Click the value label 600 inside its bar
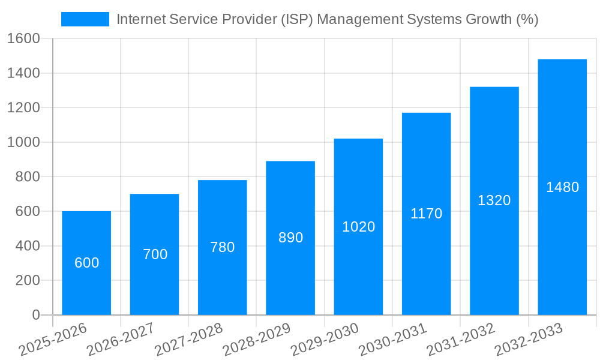click(86, 263)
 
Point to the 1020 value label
click(358, 227)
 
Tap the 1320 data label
click(494, 200)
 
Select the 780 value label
click(222, 247)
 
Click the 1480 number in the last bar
click(562, 187)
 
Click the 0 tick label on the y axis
click(35, 315)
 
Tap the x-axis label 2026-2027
click(120, 340)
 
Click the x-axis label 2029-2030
click(324, 340)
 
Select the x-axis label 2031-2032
click(460, 340)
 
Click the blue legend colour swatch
click(85, 19)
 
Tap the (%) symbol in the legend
click(527, 19)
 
